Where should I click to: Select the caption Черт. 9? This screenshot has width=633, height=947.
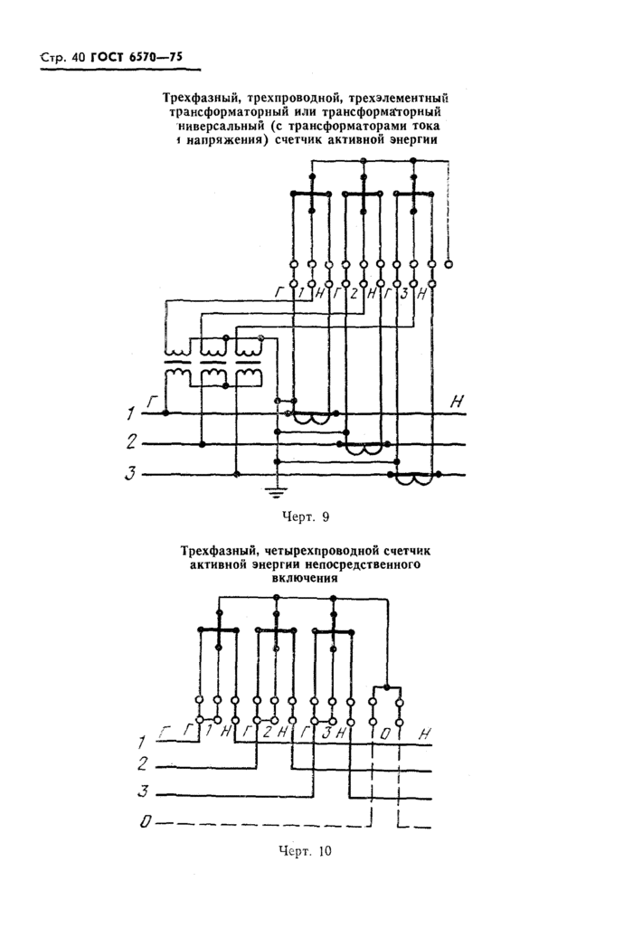(307, 516)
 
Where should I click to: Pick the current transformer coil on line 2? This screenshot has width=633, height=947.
(367, 450)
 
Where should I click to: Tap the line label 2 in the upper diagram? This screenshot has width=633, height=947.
(132, 442)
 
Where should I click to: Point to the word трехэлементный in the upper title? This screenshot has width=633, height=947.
(399, 97)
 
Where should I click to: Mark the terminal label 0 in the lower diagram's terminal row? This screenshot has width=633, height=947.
(386, 733)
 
